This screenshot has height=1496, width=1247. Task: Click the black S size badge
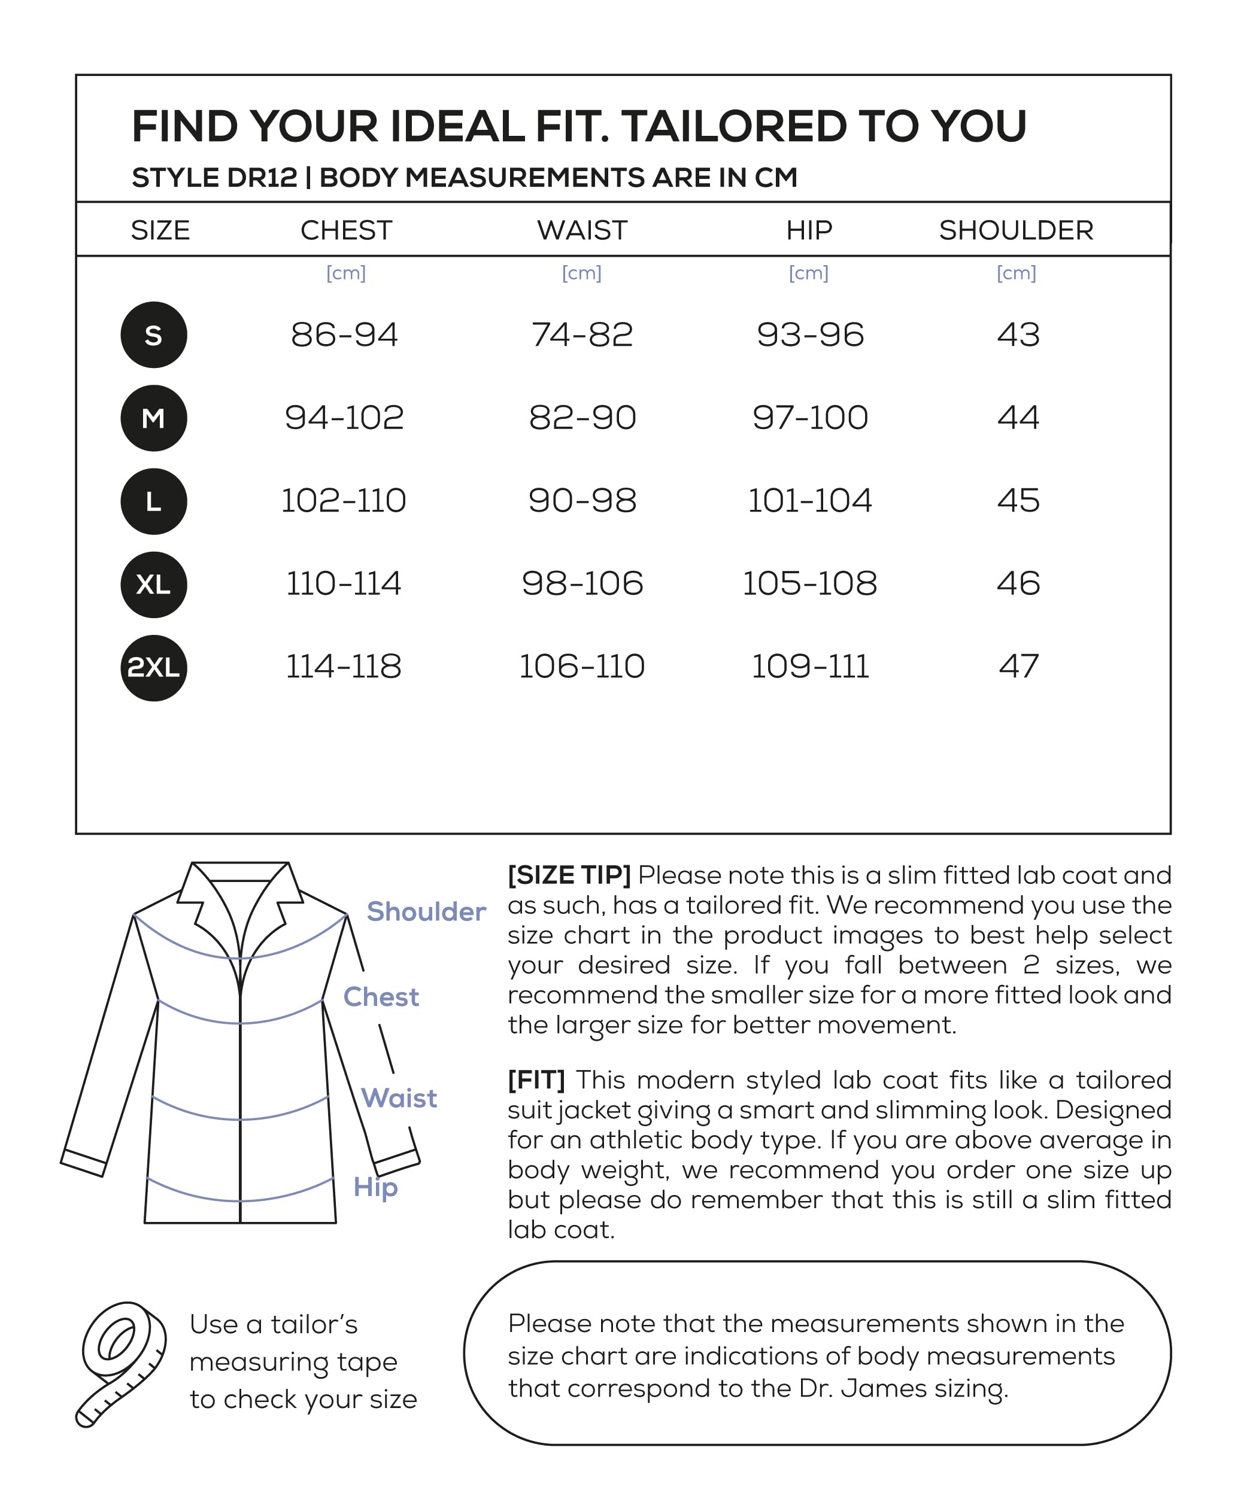[x=154, y=335]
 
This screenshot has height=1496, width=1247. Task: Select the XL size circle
[x=154, y=584]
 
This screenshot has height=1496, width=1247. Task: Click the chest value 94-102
[x=344, y=418]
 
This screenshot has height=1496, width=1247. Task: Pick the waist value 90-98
[x=582, y=500]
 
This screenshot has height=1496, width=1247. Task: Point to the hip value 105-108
[x=809, y=583]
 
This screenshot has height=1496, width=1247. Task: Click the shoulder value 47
[x=1018, y=667]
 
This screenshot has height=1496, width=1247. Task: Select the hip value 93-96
[x=810, y=335]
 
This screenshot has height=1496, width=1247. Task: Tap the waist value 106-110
[x=582, y=667]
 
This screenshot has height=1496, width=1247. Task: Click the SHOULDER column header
[x=1015, y=230]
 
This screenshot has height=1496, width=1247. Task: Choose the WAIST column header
[x=582, y=230]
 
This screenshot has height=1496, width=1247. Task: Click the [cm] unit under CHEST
[x=345, y=273]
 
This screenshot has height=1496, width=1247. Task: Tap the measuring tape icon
[x=121, y=1364]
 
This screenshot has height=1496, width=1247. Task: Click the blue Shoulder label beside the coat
[x=426, y=912]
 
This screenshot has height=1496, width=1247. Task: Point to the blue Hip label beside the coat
[x=375, y=1188]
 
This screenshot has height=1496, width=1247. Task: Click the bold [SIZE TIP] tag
[x=569, y=875]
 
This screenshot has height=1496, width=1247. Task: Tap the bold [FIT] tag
[x=536, y=1080]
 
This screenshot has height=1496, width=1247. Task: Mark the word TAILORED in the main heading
[x=734, y=126]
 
